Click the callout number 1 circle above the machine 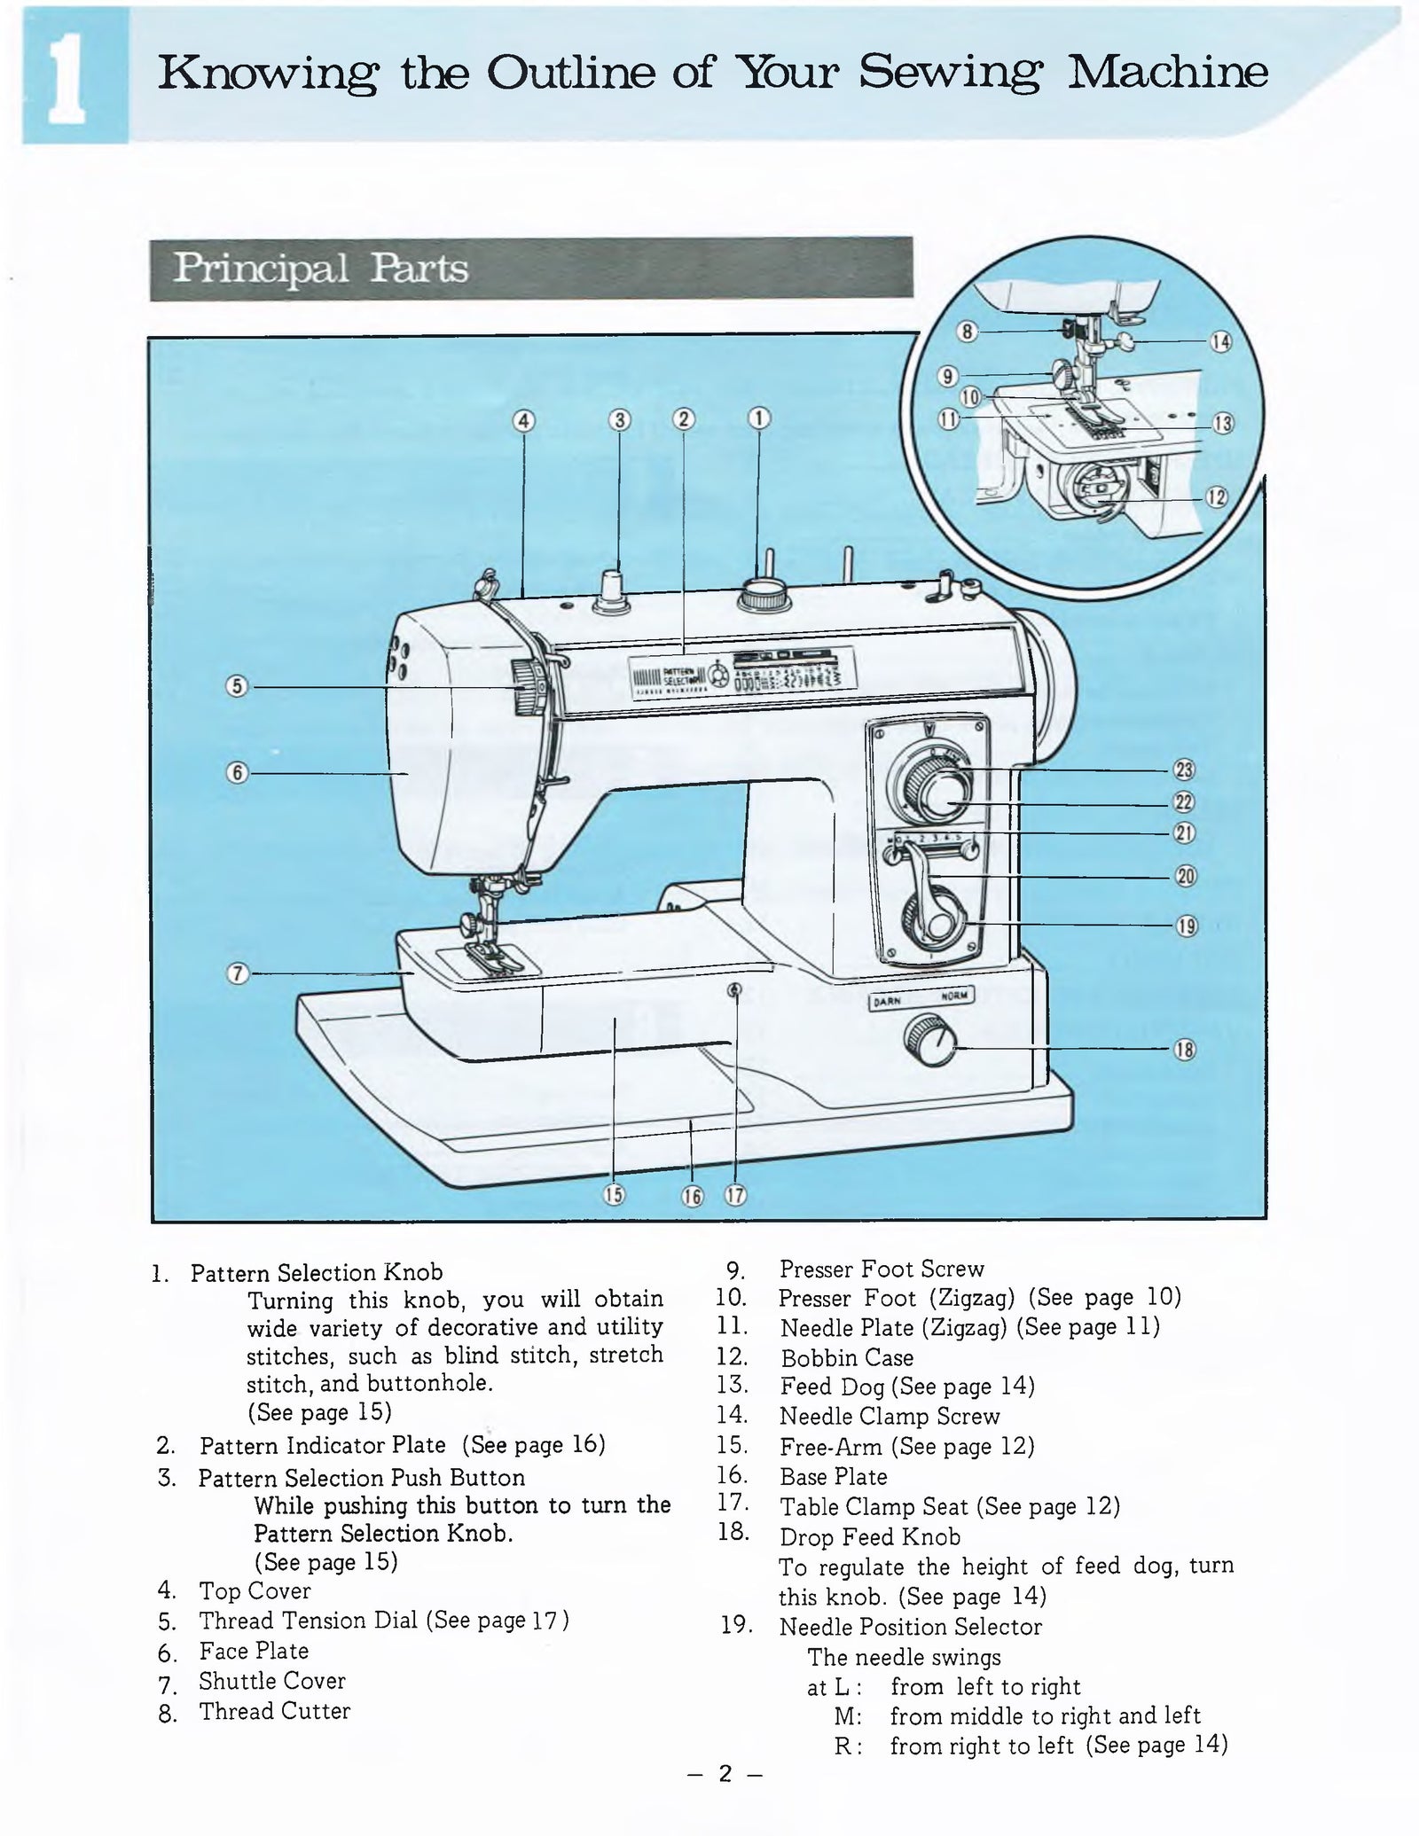tap(759, 418)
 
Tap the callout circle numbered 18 tap(1185, 1050)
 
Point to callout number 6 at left tap(237, 772)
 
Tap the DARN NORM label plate tap(921, 997)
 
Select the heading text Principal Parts tap(320, 269)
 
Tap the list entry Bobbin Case tap(846, 1358)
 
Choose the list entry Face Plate tap(254, 1651)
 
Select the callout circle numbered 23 tap(1185, 770)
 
